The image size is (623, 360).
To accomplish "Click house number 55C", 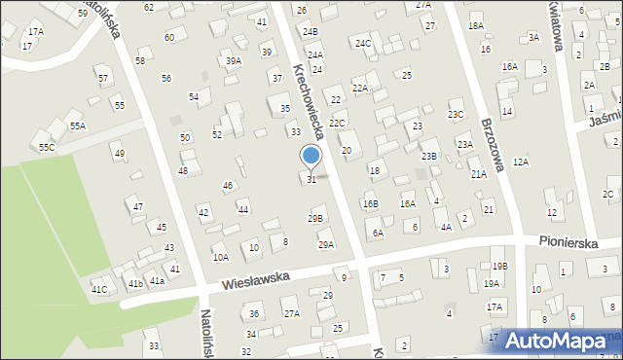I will coord(47,147).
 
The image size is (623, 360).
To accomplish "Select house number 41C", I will coord(99,289).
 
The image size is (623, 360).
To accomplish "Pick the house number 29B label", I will coord(314,219).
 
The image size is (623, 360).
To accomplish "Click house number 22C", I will coord(337,124).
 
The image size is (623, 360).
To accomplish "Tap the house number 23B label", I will coord(429,156).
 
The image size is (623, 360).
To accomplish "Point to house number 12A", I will coord(521,162).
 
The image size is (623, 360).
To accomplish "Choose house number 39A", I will coord(234,60).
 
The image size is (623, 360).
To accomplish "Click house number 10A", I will coord(221,257).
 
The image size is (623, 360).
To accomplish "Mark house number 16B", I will coord(370,204).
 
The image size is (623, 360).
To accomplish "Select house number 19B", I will coord(499,266).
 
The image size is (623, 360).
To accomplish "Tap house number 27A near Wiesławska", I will coord(291,313).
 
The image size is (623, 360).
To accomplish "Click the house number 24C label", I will coord(363,44).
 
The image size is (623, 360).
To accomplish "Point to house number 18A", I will coord(475,26).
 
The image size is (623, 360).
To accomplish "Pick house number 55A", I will coord(77,126).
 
